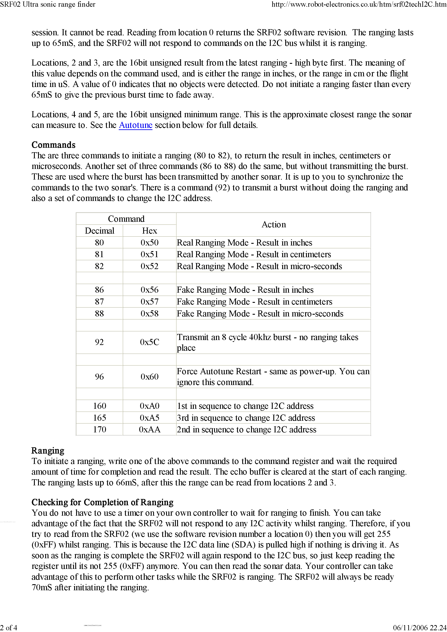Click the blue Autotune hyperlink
pyautogui.click(x=135, y=125)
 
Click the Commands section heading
pyautogui.click(x=53, y=145)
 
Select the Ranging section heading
pyautogui.click(x=48, y=451)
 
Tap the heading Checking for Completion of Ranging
pyautogui.click(x=102, y=502)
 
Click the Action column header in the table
pyautogui.click(x=273, y=225)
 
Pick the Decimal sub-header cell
pyautogui.click(x=99, y=231)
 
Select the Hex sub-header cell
pyautogui.click(x=149, y=231)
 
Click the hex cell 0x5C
pyautogui.click(x=149, y=342)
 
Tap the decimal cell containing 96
pyautogui.click(x=99, y=377)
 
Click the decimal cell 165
pyautogui.click(x=99, y=418)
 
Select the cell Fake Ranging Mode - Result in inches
pyautogui.click(x=245, y=290)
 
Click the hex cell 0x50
pyautogui.click(x=149, y=242)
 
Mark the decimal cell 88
pyautogui.click(x=99, y=314)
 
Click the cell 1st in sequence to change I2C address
pyautogui.click(x=245, y=406)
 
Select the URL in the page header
pyautogui.click(x=359, y=4)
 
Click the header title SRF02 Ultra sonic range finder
pyautogui.click(x=48, y=4)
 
